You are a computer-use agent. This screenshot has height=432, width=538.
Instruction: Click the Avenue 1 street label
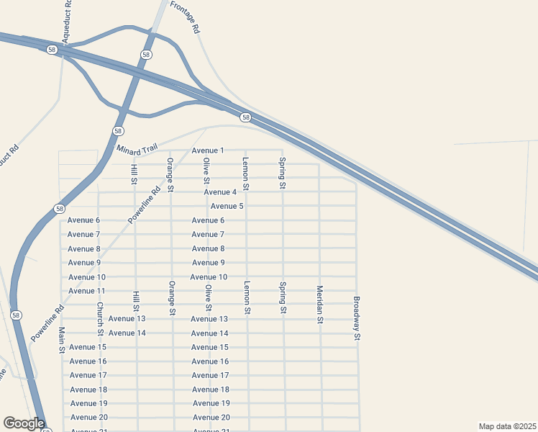coord(208,150)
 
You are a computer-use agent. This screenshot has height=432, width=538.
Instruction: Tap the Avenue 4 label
coord(220,192)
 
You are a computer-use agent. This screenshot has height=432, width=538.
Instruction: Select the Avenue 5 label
coord(227,206)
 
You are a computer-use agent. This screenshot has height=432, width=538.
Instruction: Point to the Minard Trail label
coord(136,148)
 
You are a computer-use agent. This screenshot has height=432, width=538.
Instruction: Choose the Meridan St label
coord(320,305)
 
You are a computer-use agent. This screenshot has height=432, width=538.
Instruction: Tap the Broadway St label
coord(356,318)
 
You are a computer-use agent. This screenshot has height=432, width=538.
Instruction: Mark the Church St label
coord(100,318)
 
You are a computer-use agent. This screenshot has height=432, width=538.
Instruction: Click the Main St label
coord(62,340)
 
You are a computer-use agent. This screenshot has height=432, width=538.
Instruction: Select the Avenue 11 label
coord(87,291)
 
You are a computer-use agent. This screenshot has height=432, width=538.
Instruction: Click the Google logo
coord(24,423)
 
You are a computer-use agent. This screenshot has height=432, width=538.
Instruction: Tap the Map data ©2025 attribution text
coord(506,426)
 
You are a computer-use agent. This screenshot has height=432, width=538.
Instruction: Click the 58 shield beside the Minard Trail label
coord(118,131)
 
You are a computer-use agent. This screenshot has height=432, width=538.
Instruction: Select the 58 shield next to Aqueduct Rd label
coord(51,50)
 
